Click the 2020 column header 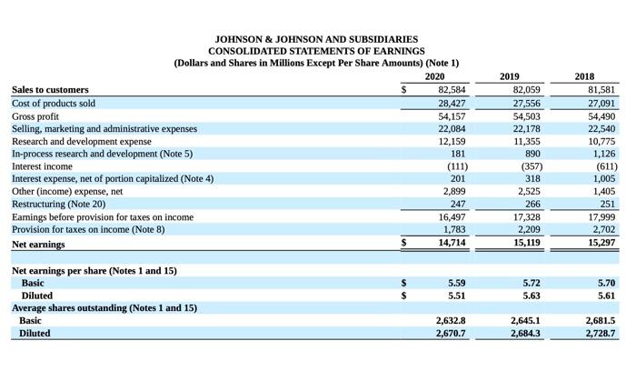pyautogui.click(x=435, y=76)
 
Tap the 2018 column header pyautogui.click(x=587, y=76)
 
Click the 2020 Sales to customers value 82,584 pyautogui.click(x=452, y=90)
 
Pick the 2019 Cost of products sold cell pyautogui.click(x=527, y=103)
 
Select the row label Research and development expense pyautogui.click(x=82, y=141)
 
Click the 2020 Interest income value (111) pyautogui.click(x=455, y=166)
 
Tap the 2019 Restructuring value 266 pyautogui.click(x=532, y=206)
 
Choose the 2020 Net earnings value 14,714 pyautogui.click(x=452, y=244)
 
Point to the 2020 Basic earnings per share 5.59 pyautogui.click(x=457, y=283)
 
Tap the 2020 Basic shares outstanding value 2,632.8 pyautogui.click(x=451, y=321)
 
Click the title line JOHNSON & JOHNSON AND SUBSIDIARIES pyautogui.click(x=316, y=40)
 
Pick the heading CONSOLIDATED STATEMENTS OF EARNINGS pyautogui.click(x=316, y=52)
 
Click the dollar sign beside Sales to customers pyautogui.click(x=404, y=90)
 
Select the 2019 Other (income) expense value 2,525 pyautogui.click(x=529, y=193)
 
